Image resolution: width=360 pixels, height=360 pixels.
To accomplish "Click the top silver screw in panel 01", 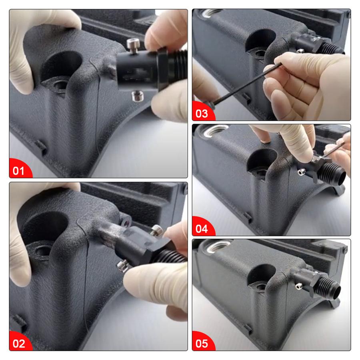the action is (132, 44).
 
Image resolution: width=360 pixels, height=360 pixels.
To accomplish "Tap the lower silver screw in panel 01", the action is (138, 96).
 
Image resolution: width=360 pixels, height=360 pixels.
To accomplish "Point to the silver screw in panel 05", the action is (299, 286).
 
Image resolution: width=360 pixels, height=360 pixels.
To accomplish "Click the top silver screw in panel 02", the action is (156, 230).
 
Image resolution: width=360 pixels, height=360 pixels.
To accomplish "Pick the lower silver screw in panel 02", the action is (123, 266).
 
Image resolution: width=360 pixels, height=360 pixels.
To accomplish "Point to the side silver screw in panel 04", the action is (301, 171).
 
